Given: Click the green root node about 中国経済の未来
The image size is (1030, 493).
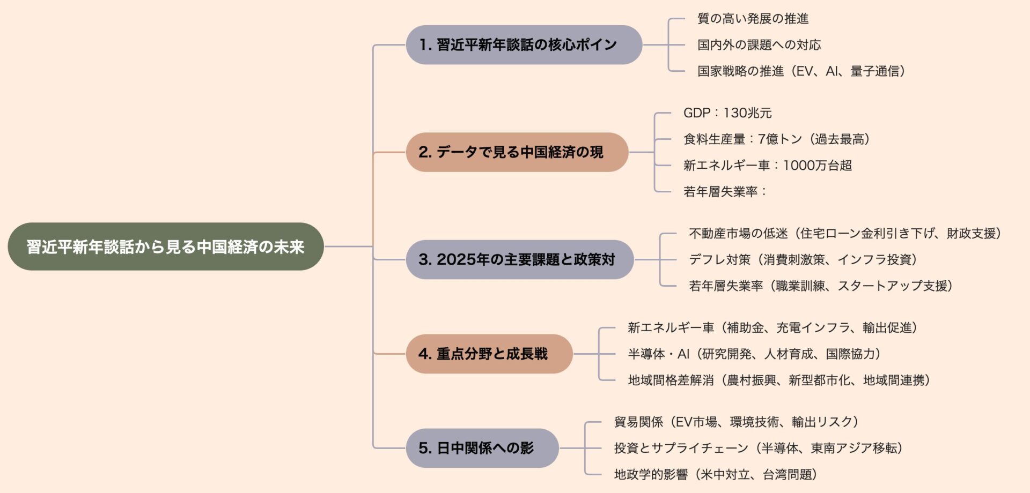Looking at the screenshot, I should click(165, 246).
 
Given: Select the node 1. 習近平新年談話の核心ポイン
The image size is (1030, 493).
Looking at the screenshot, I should click(524, 45).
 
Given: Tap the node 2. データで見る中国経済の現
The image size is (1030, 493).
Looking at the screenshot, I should click(517, 152).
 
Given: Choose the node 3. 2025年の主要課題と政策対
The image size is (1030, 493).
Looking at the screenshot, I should click(519, 259).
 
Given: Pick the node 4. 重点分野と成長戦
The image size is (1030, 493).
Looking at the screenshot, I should click(489, 354).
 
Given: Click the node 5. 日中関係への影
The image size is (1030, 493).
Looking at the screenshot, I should click(482, 448).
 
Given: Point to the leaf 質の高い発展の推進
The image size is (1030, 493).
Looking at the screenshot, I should click(753, 19).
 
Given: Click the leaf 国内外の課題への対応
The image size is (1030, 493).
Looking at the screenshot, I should click(759, 45).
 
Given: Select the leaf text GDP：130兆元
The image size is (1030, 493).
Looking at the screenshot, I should click(727, 113).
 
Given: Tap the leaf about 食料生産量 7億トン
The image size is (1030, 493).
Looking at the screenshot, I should click(776, 139).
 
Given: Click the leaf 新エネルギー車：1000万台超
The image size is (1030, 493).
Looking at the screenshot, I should click(767, 166).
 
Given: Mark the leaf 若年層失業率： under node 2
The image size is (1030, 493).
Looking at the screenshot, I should click(725, 192).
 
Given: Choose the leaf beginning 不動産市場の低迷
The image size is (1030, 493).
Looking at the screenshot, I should click(844, 234).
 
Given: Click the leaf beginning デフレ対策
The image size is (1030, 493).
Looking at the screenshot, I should click(803, 260).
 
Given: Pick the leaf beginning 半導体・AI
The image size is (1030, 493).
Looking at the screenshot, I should click(754, 354).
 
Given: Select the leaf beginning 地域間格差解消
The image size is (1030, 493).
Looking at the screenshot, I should click(778, 380).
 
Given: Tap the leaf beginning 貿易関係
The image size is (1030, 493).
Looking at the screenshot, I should click(735, 422).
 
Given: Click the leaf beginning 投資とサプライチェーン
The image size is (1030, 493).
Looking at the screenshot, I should click(758, 449).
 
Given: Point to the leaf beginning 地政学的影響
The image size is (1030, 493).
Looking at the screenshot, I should click(715, 475).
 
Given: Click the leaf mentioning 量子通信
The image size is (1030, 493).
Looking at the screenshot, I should click(801, 71).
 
